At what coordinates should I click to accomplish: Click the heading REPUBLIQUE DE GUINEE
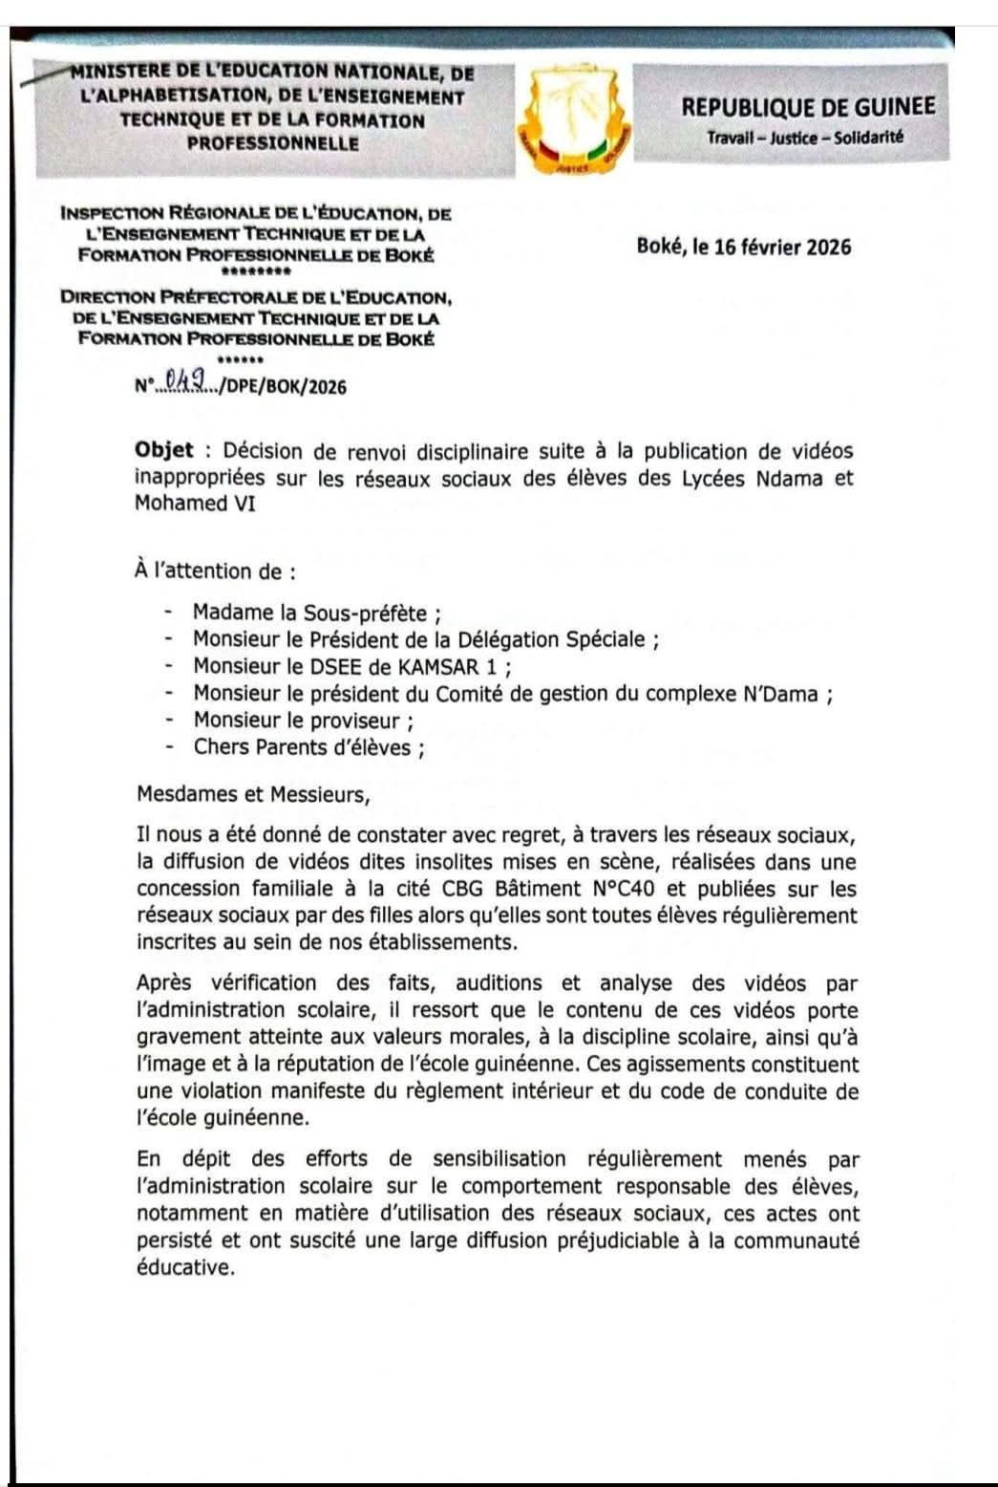point(808,106)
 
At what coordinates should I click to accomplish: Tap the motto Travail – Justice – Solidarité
point(805,138)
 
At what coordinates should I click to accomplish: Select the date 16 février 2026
point(782,247)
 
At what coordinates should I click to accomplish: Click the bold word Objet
point(164,450)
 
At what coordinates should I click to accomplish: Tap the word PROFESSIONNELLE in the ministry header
point(273,144)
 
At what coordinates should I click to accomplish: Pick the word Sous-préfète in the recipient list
point(366,613)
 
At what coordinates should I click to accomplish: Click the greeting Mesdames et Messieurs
point(252,793)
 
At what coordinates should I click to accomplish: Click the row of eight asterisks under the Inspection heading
point(255,270)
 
